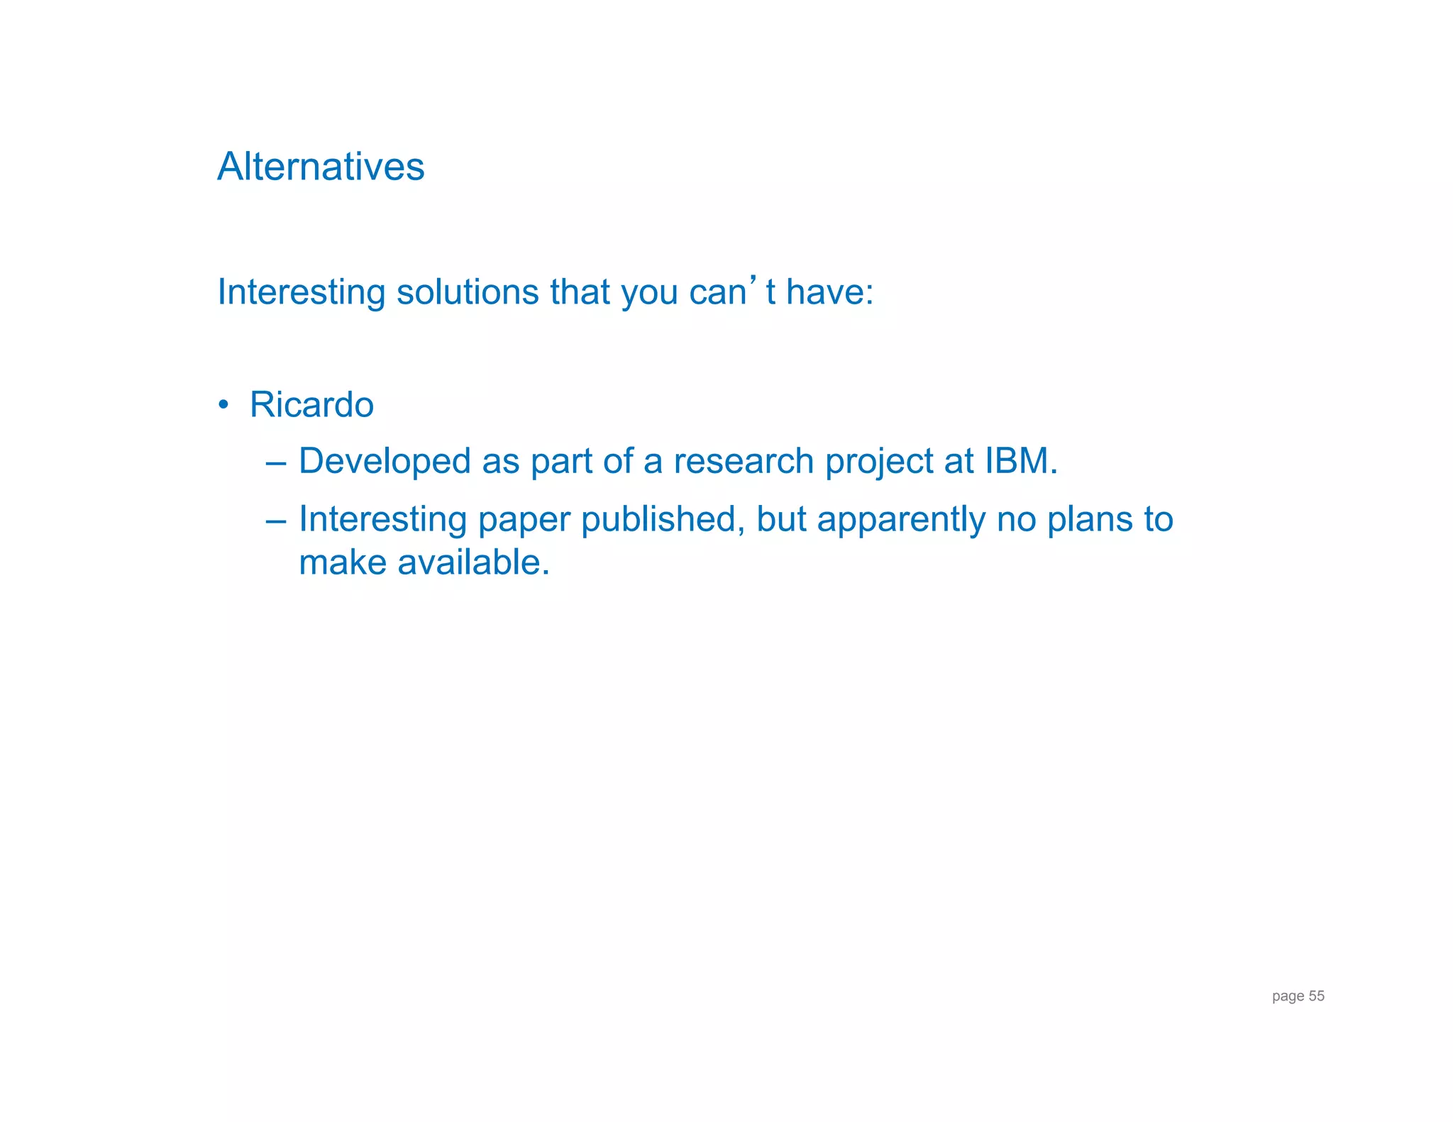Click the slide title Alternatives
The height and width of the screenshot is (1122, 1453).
(x=321, y=167)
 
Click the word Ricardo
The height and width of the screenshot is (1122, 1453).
(x=311, y=405)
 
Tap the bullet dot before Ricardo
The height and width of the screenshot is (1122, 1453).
(x=223, y=405)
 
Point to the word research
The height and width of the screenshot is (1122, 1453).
(x=743, y=462)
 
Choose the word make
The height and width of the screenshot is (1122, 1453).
(x=342, y=562)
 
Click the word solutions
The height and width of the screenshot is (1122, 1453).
(x=468, y=292)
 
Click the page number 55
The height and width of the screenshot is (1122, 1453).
(x=1316, y=996)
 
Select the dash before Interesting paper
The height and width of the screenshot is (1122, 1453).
(x=276, y=521)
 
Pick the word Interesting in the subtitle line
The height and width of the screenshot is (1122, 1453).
(x=301, y=293)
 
